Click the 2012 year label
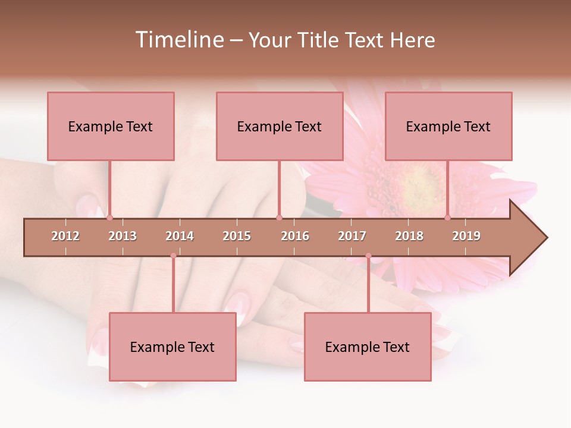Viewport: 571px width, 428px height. [x=65, y=236]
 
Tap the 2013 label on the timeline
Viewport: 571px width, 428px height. [x=123, y=236]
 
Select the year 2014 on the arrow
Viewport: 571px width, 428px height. [x=180, y=236]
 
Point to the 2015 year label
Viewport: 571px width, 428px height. [x=237, y=236]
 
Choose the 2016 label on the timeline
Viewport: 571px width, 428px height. [x=295, y=236]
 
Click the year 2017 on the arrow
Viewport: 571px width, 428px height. [x=352, y=236]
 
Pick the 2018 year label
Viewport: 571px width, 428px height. [x=409, y=236]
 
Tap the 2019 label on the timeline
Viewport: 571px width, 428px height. [x=466, y=236]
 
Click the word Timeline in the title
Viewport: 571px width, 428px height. [x=179, y=40]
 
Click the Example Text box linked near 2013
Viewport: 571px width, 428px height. [x=111, y=127]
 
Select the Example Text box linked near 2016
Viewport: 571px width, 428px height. [x=280, y=127]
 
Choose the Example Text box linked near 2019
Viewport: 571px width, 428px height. [x=448, y=127]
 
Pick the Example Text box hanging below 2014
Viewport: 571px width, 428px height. [x=172, y=347]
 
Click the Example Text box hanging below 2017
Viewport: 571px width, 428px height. [x=368, y=347]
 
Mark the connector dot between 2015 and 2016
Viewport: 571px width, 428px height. [x=280, y=218]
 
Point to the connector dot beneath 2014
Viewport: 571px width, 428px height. [x=174, y=256]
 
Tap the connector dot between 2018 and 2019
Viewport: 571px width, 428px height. [x=448, y=218]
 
